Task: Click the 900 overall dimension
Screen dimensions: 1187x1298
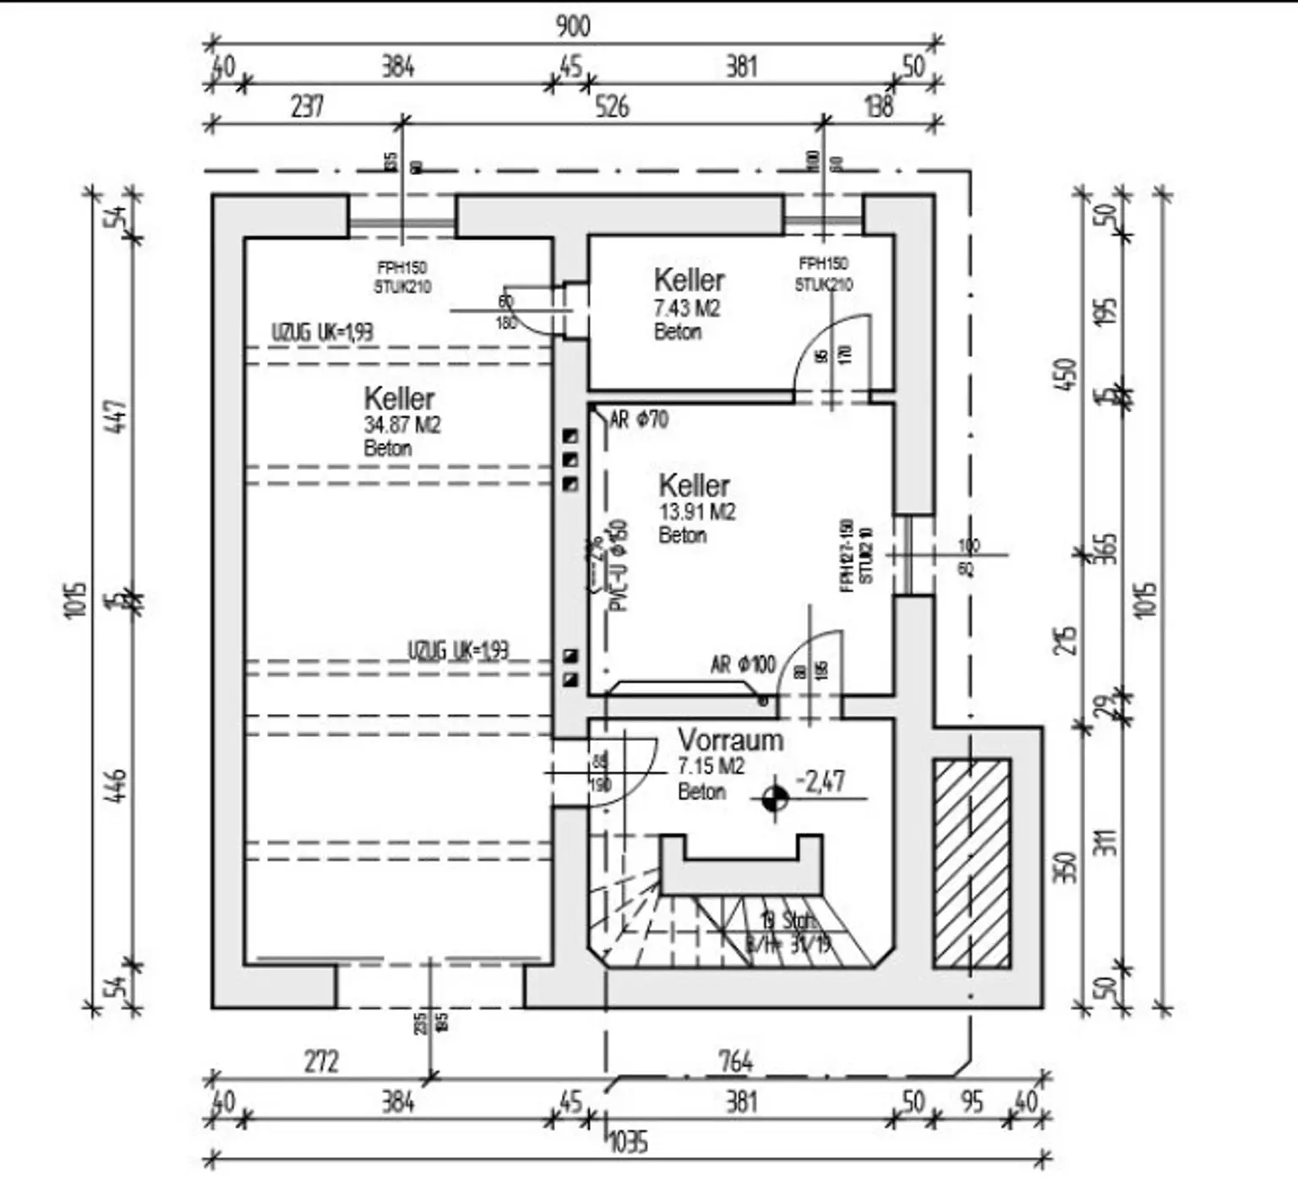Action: (x=572, y=26)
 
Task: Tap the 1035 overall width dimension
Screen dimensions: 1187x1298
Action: (x=628, y=1142)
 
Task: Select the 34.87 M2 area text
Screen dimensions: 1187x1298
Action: (x=402, y=425)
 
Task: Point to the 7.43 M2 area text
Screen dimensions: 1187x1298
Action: (x=686, y=308)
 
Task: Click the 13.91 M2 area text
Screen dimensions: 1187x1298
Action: (x=696, y=512)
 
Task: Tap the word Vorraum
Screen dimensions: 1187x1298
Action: (x=730, y=740)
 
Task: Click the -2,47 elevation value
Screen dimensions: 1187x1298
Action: (x=821, y=781)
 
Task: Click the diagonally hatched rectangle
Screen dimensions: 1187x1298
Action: (x=972, y=863)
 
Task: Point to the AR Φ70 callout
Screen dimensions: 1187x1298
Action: (x=639, y=419)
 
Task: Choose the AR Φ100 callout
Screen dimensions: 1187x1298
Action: (x=742, y=664)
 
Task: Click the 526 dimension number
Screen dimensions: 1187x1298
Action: (x=612, y=106)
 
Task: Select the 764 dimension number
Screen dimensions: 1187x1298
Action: (x=735, y=1060)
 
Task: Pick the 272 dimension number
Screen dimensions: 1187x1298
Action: (x=321, y=1060)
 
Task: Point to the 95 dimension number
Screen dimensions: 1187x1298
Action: (x=972, y=1102)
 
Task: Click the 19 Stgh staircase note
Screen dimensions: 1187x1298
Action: (x=788, y=920)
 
